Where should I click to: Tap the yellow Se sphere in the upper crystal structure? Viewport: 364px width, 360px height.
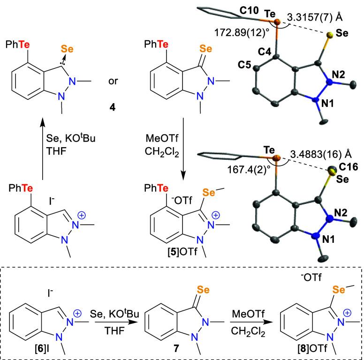point(330,35)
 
